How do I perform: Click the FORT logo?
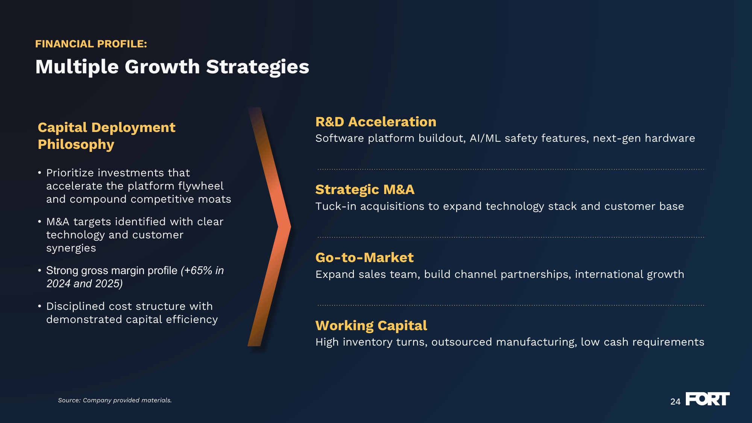[707, 399]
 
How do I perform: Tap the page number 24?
[675, 402]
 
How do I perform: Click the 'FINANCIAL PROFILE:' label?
[91, 44]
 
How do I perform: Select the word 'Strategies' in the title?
[258, 67]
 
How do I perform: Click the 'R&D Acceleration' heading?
[376, 122]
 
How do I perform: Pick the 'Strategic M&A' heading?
[365, 190]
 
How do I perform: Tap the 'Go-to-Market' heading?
[364, 258]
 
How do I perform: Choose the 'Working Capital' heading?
[371, 326]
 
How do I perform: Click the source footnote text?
[115, 400]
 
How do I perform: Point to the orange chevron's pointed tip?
[290, 227]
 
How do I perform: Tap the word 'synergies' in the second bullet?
[71, 249]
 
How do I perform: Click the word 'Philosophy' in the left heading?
[76, 145]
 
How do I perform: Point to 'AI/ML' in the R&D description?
[485, 138]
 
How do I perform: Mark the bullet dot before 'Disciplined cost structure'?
[39, 306]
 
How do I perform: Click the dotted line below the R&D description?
[511, 169]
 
